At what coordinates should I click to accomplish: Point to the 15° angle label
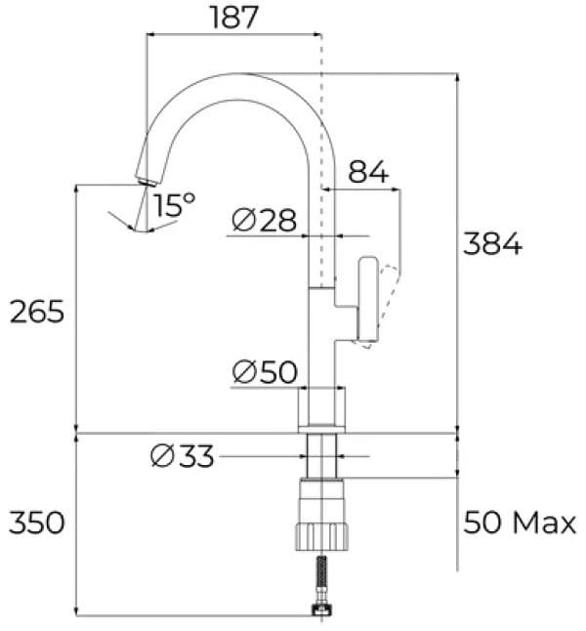(x=174, y=204)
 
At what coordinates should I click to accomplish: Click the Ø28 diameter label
(x=264, y=222)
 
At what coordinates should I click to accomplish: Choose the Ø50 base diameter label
(x=264, y=372)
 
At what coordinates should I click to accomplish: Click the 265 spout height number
(x=36, y=312)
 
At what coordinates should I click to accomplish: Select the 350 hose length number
(x=36, y=523)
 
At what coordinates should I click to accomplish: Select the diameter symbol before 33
(x=162, y=455)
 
